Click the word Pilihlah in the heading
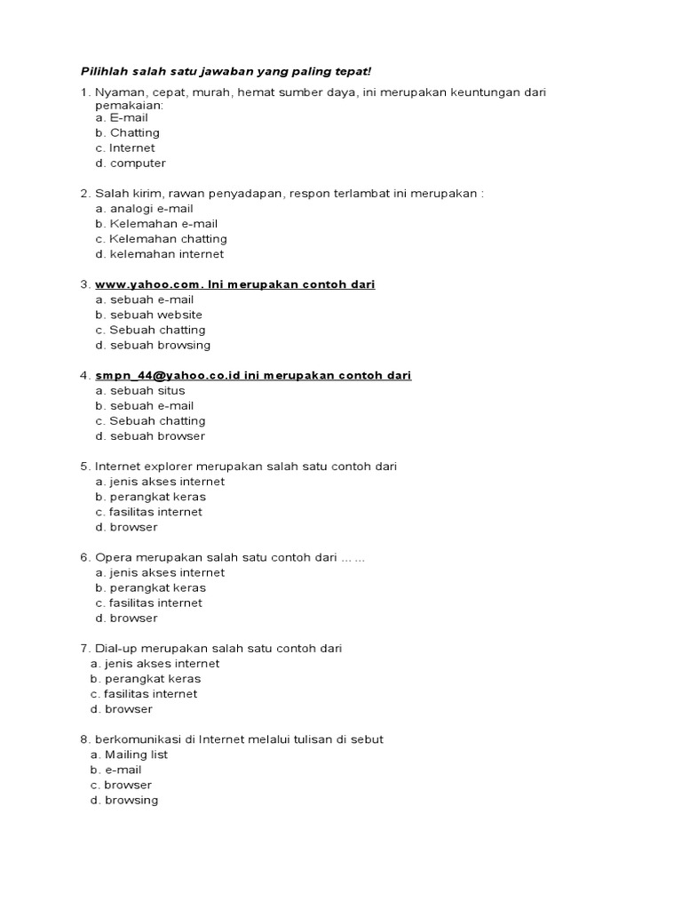pos(101,71)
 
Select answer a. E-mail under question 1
pos(122,117)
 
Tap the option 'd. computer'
pos(131,163)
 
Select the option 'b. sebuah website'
pos(148,315)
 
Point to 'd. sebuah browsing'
pos(153,345)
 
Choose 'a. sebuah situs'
pos(140,390)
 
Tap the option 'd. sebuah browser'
pos(150,435)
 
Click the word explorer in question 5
pos(166,467)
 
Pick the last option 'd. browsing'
pos(123,800)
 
